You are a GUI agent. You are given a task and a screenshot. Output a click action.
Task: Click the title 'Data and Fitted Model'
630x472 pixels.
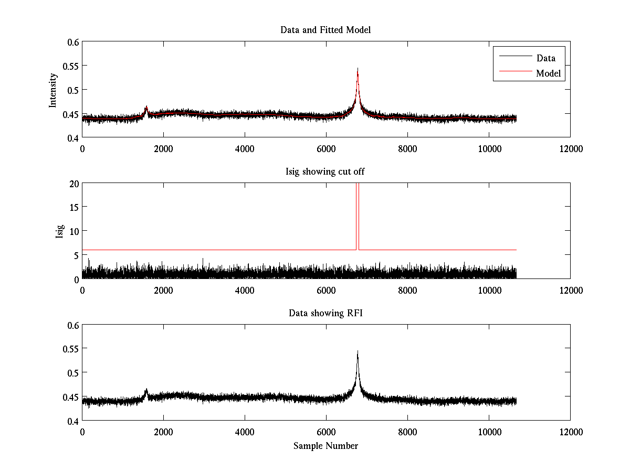[325, 30]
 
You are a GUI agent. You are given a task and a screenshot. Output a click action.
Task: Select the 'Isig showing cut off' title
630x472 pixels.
[325, 171]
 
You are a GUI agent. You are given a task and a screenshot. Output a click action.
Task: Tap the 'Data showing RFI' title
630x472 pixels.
[325, 313]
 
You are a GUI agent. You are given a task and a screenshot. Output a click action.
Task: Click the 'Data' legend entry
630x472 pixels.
[545, 58]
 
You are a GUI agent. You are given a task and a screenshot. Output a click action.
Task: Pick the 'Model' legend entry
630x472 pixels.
[548, 73]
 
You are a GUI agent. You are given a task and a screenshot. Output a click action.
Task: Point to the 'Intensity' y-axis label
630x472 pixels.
[52, 90]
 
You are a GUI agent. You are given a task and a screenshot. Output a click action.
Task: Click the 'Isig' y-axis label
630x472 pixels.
[59, 231]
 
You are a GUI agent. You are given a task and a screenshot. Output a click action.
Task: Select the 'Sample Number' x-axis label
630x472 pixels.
[325, 446]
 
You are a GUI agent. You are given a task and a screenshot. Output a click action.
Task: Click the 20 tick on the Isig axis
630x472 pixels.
[72, 184]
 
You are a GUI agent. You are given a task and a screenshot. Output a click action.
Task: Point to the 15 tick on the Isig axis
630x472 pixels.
[72, 207]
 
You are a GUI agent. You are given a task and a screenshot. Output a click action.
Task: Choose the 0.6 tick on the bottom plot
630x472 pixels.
[72, 325]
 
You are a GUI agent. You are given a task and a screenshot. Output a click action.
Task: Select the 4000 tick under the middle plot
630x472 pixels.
[245, 289]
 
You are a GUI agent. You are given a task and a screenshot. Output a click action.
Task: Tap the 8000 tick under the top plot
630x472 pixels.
[407, 148]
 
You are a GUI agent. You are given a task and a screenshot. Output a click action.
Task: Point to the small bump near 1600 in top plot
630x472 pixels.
[146, 109]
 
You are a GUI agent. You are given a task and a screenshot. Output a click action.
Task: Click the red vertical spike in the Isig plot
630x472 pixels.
[358, 215]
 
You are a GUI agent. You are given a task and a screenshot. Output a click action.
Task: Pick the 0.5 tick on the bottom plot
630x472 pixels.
[72, 373]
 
